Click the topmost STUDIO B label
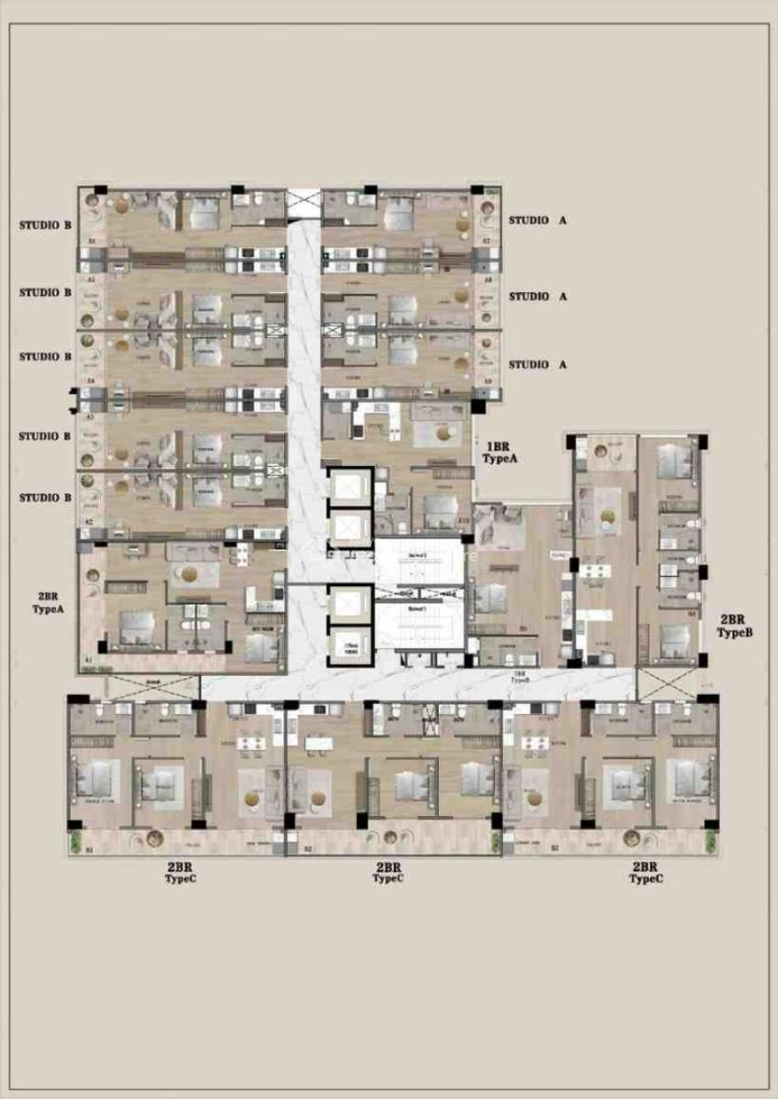45,225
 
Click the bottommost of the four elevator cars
349,645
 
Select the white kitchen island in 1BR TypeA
377,419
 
